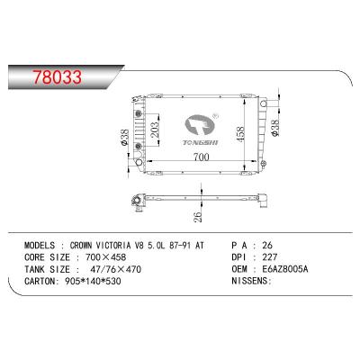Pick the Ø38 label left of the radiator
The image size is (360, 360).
(x=123, y=138)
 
